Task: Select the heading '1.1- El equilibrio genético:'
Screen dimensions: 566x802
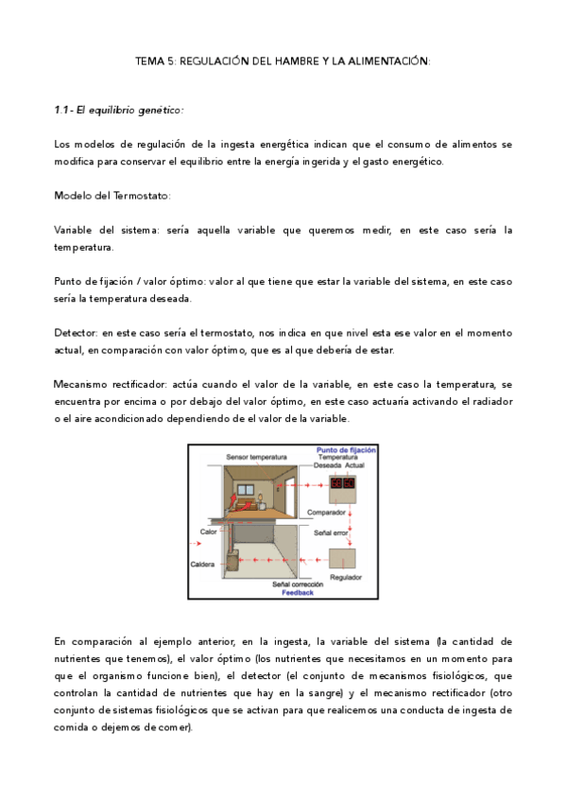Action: click(x=119, y=110)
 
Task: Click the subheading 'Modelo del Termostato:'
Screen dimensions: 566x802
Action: click(x=112, y=196)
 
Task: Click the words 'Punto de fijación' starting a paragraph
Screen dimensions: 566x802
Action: click(x=95, y=282)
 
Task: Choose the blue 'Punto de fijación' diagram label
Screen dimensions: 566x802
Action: click(x=346, y=451)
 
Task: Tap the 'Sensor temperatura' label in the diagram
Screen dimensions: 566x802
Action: click(x=256, y=459)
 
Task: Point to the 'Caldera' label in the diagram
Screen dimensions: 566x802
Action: click(x=204, y=564)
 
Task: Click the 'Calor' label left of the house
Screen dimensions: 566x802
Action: click(x=208, y=532)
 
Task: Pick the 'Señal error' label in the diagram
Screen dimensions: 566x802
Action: click(x=332, y=533)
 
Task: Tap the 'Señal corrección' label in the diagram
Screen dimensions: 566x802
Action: click(x=300, y=584)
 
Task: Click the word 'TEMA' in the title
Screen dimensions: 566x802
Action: click(x=151, y=61)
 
